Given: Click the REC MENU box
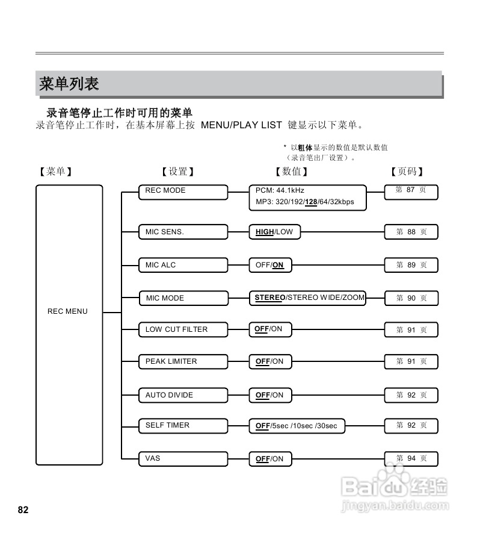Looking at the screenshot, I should click(x=69, y=325).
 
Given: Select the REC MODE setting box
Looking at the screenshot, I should click(x=183, y=192).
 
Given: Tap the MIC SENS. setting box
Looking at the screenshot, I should click(x=183, y=232).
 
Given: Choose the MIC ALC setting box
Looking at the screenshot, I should click(x=183, y=265).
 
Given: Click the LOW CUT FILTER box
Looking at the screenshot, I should click(x=183, y=329).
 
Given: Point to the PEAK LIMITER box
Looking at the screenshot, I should click(x=183, y=361).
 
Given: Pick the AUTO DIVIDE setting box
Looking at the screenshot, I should click(x=183, y=395).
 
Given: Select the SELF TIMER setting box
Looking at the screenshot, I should click(x=183, y=425).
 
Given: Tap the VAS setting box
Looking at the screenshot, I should click(x=183, y=458).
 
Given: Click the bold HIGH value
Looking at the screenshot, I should click(x=265, y=232).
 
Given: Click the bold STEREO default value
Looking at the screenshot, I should click(x=269, y=298).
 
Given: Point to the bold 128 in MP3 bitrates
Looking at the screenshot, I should click(x=311, y=202).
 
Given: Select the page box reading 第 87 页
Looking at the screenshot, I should click(x=411, y=191).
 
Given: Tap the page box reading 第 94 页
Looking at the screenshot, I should click(x=411, y=459).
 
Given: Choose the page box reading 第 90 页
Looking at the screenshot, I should click(x=411, y=298).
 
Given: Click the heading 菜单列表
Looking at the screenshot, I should click(x=69, y=84).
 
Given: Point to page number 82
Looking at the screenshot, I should click(x=23, y=510).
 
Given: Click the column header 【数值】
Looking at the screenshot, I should click(x=291, y=172).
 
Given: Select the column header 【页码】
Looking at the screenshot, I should click(x=407, y=172).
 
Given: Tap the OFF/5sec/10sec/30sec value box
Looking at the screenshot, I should click(x=297, y=426).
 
